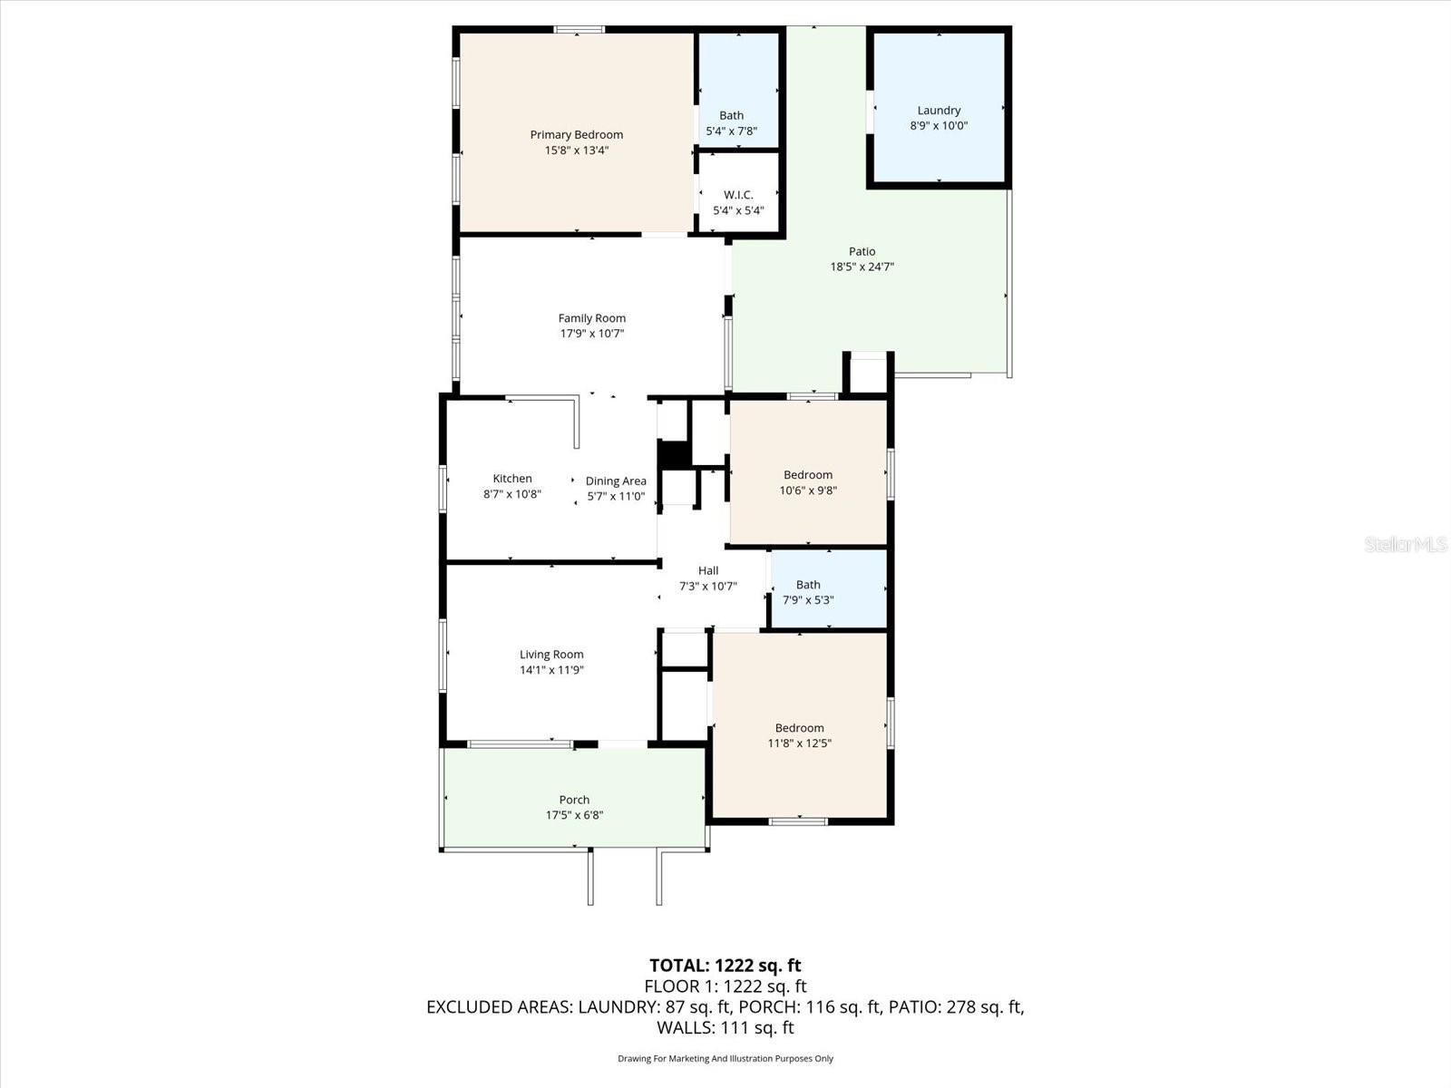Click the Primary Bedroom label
pyautogui.click(x=576, y=135)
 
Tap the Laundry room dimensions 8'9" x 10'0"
pyautogui.click(x=939, y=126)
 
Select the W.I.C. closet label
pyautogui.click(x=738, y=195)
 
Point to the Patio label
pyautogui.click(x=862, y=251)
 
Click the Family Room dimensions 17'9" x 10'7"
pyautogui.click(x=591, y=334)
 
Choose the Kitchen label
pyautogui.click(x=512, y=479)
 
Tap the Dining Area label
pyautogui.click(x=616, y=481)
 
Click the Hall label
pyautogui.click(x=708, y=570)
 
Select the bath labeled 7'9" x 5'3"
pyautogui.click(x=808, y=592)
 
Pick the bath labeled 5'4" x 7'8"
pyautogui.click(x=731, y=123)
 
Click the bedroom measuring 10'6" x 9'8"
pyautogui.click(x=808, y=482)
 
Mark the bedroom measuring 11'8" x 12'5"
pyautogui.click(x=799, y=735)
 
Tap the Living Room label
pyautogui.click(x=551, y=655)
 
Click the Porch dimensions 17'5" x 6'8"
pyautogui.click(x=574, y=815)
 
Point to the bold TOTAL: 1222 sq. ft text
pyautogui.click(x=725, y=966)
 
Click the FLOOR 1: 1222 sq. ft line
pyautogui.click(x=725, y=986)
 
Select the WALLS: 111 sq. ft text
pyautogui.click(x=725, y=1028)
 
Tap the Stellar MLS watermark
pyautogui.click(x=1406, y=545)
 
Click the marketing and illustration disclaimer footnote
pyautogui.click(x=725, y=1058)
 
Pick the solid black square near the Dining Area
pyautogui.click(x=673, y=454)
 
